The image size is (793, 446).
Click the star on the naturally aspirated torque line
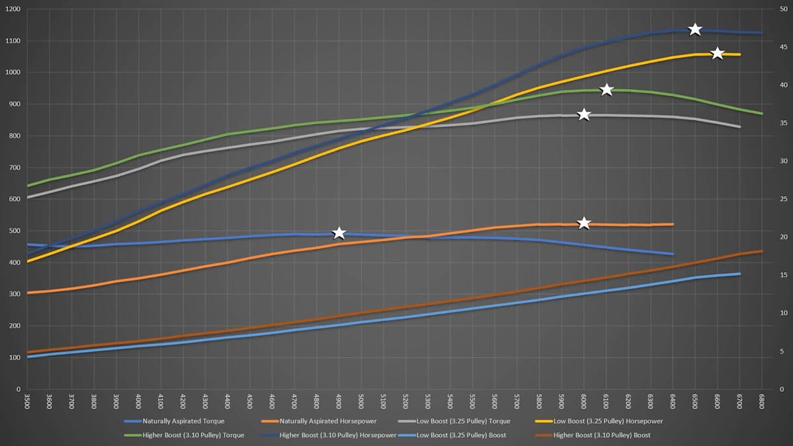pyautogui.click(x=339, y=233)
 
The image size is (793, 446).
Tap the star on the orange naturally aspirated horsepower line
pyautogui.click(x=584, y=223)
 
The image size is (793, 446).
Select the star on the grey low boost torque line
pyautogui.click(x=584, y=114)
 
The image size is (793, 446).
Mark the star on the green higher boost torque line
pyautogui.click(x=607, y=90)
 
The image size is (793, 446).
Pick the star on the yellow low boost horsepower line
pyautogui.click(x=717, y=53)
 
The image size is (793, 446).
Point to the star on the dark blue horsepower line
pyautogui.click(x=695, y=29)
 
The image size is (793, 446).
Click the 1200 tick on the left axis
pyautogui.click(x=13, y=9)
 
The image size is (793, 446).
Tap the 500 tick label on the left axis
pyautogui.click(x=15, y=231)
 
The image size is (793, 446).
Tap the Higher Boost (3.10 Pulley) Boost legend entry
pyautogui.click(x=599, y=435)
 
